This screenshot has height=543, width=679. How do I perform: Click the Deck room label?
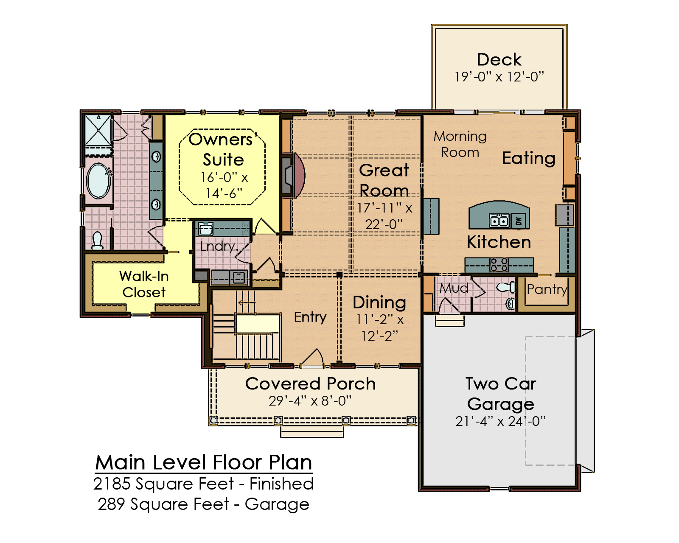(499, 60)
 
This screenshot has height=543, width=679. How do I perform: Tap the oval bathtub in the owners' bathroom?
(98, 181)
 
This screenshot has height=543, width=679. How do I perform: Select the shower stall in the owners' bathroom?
(98, 130)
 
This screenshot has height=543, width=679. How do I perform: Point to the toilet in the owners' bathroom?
(97, 241)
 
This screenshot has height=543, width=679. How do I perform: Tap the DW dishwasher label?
(519, 221)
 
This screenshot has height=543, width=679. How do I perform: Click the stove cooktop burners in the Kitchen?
(499, 265)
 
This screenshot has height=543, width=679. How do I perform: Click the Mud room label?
(454, 288)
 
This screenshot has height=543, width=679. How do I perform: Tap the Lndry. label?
(218, 246)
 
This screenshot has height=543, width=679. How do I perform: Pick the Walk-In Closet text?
(144, 284)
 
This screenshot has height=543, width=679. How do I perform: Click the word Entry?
(310, 317)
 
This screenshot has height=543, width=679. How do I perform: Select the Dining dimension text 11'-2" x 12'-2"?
(380, 328)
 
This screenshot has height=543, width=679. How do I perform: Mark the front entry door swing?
(312, 358)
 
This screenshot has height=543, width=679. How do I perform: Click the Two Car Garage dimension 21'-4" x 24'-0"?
(500, 421)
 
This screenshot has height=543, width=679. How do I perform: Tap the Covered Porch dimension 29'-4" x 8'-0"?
(310, 401)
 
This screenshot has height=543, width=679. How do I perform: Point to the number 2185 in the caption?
(112, 484)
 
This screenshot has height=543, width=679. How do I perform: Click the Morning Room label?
(460, 144)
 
